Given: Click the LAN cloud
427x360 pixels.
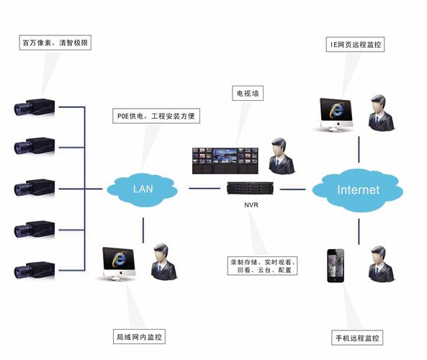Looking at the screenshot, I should (x=143, y=189).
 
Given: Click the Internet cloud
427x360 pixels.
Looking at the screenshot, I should (x=358, y=190).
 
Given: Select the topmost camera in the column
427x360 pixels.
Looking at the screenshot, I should (x=35, y=109).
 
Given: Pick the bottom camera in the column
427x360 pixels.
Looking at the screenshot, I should (x=35, y=271).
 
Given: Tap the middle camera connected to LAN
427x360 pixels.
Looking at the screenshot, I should (x=35, y=189).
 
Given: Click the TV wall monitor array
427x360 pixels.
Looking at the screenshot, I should (x=224, y=161).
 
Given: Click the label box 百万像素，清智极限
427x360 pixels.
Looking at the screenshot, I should (x=56, y=42).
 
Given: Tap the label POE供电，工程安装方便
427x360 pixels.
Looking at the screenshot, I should (x=156, y=115).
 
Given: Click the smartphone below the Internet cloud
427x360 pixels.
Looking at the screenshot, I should (x=336, y=266).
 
